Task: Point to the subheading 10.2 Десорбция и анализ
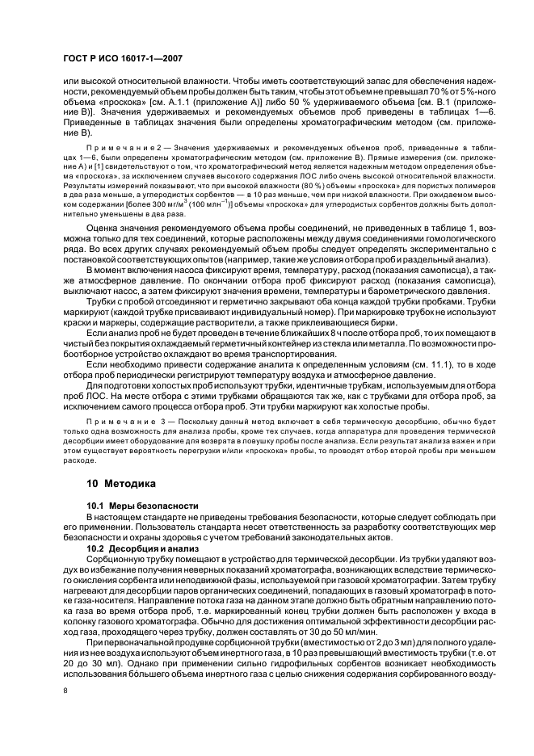click(x=141, y=548)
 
